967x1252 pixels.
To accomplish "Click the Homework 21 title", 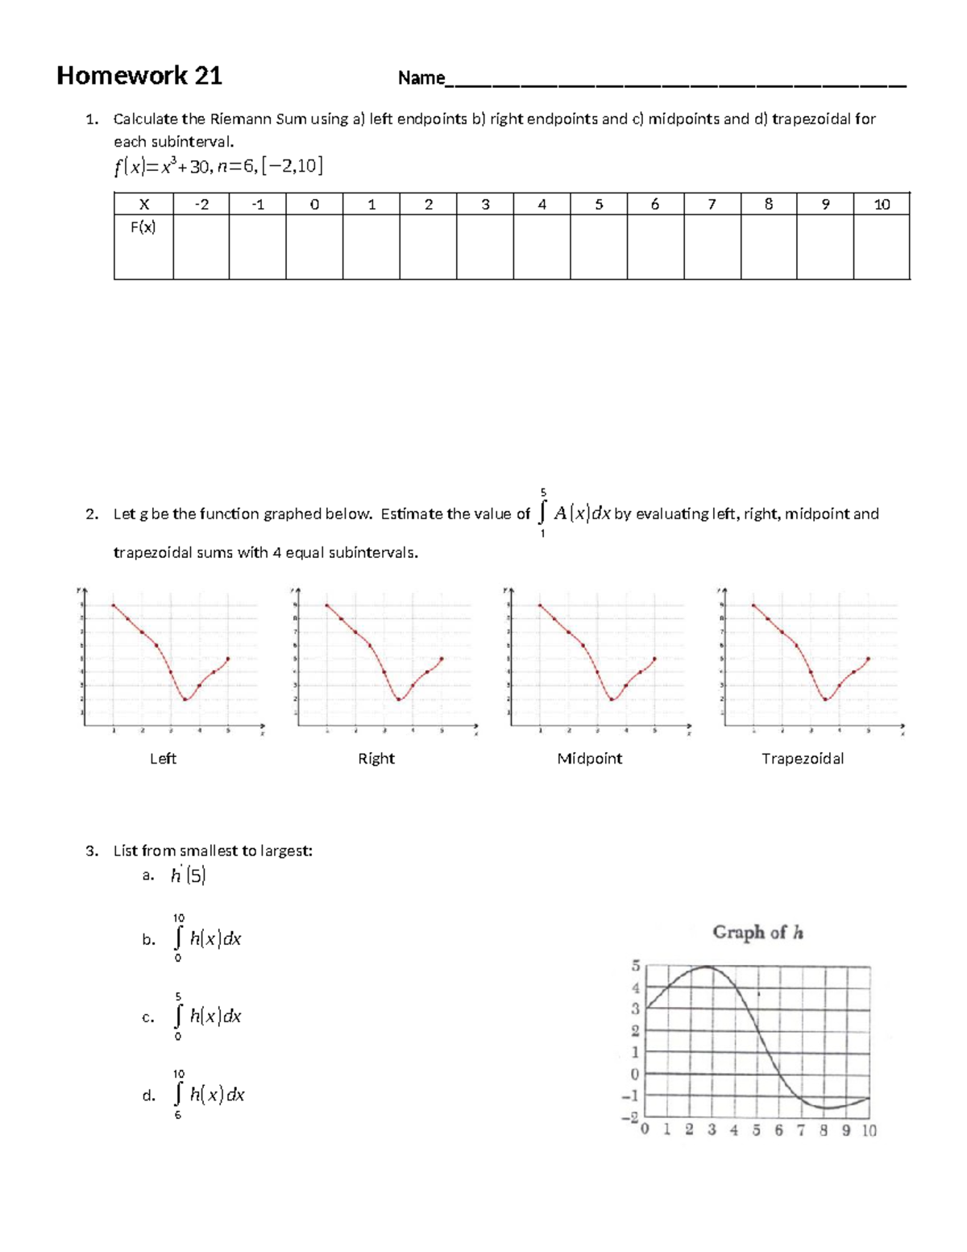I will coord(139,76).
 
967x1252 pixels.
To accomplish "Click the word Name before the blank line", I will coord(421,78).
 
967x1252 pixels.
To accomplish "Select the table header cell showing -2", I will coord(201,205).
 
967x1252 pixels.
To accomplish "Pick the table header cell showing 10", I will coord(882,205).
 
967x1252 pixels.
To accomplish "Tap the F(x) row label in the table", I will coord(143,227).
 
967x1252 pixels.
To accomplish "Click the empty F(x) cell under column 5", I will coord(599,247).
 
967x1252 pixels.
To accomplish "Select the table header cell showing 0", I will coord(314,205).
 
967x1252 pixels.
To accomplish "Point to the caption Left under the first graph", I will coord(163,759).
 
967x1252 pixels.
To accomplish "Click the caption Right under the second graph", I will coord(376,759).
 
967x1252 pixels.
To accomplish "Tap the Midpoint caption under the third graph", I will coord(589,759).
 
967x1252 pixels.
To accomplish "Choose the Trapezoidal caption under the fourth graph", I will coord(803,759).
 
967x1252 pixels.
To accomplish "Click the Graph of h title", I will coord(757,933).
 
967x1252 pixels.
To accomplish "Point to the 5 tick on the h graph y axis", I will coord(635,966).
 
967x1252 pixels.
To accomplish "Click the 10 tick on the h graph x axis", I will coord(869,1130).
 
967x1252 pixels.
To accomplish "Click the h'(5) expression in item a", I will coord(188,876).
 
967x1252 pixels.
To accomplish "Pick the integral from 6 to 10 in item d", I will coord(207,1095).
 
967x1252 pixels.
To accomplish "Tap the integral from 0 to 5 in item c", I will coord(207,1017).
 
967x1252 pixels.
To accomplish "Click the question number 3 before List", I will coord(92,851).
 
